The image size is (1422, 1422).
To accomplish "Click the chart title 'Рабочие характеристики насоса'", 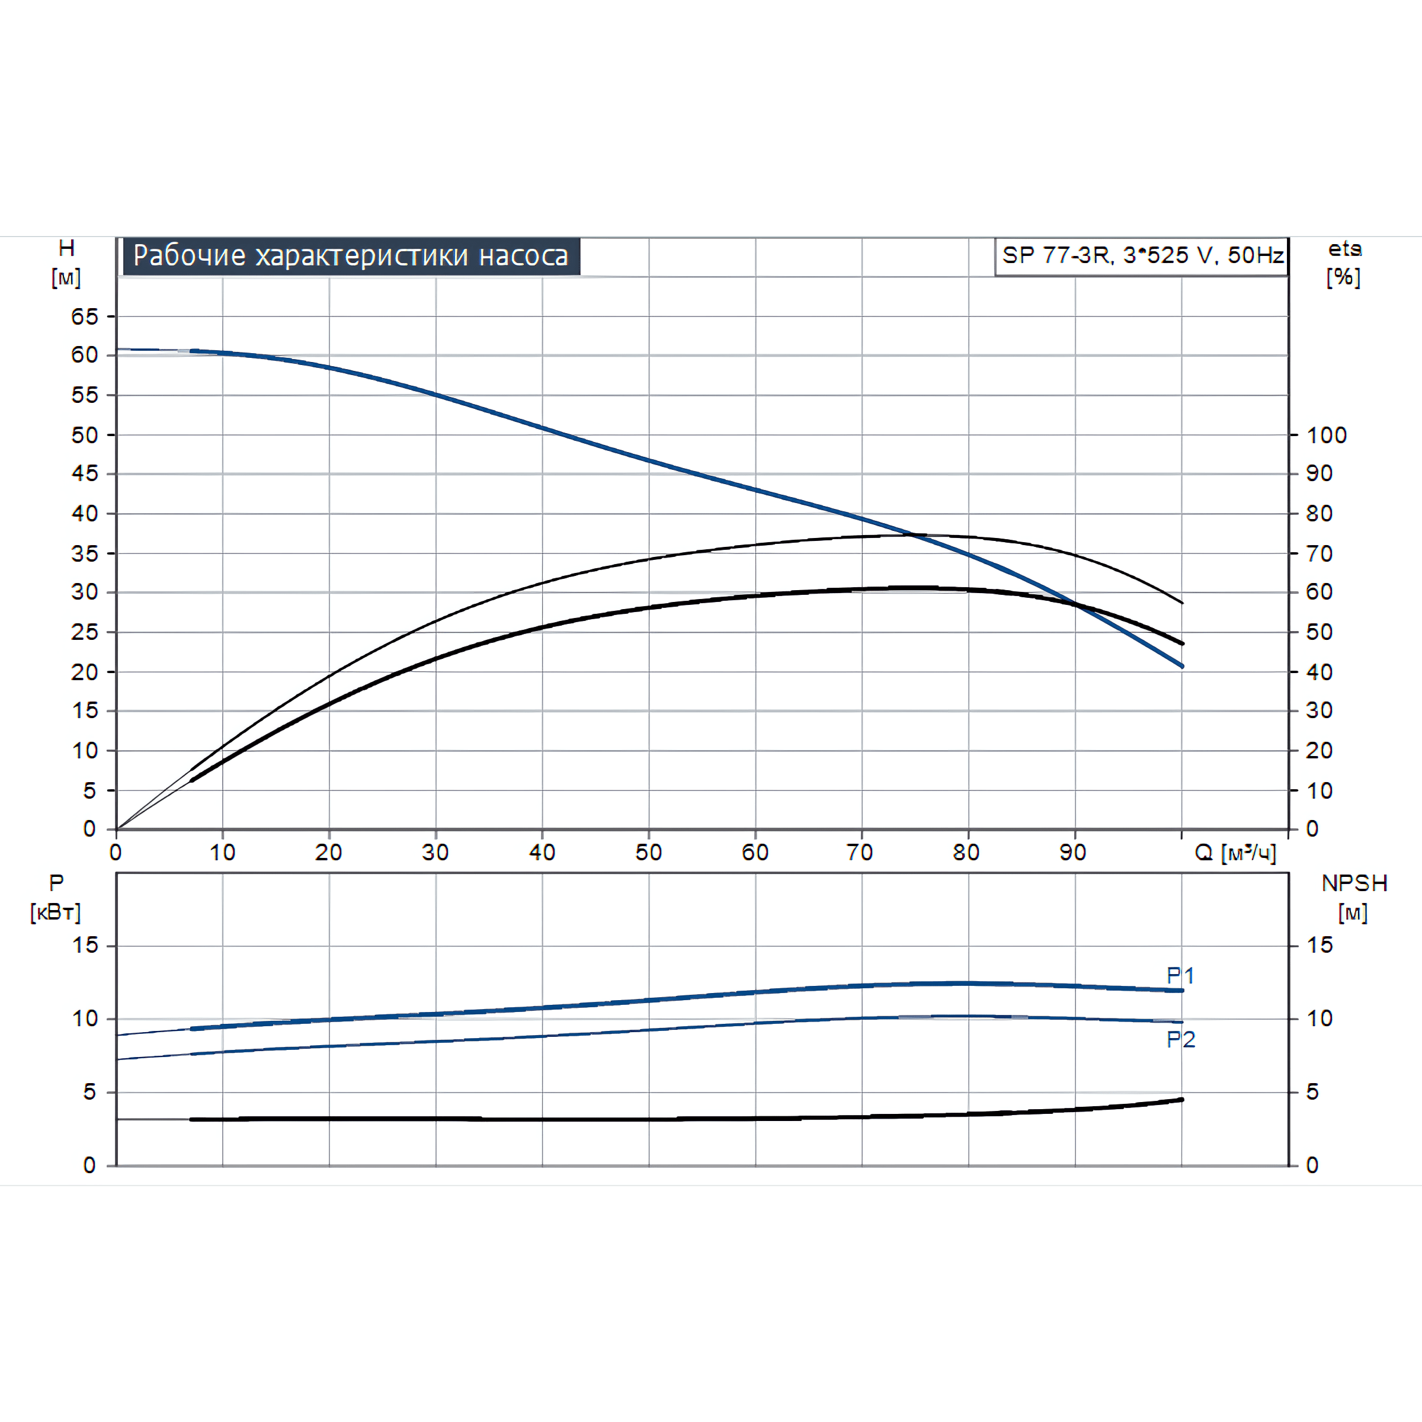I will [351, 255].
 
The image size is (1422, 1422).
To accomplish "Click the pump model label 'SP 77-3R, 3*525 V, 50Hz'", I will [1142, 255].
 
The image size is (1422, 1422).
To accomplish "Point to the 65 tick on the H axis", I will [85, 316].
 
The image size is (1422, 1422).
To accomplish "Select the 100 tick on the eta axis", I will [1327, 435].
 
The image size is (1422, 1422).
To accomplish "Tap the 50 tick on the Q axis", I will [648, 853].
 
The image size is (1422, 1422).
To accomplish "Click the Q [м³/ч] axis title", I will [1235, 853].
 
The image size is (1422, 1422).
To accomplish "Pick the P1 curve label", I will [1181, 975].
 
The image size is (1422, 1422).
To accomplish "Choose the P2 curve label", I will [1181, 1039].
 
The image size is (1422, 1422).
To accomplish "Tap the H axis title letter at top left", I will [66, 248].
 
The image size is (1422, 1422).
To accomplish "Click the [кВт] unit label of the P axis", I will [55, 912].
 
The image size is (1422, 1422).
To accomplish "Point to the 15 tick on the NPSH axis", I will [1319, 945].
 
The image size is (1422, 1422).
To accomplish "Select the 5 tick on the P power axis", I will [89, 1091].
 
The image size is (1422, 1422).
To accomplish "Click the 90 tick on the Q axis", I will [1073, 853].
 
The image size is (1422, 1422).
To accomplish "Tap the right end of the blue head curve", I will [1182, 666].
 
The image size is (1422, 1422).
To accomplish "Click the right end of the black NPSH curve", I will [1182, 1100].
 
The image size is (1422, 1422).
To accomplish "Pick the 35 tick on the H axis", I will [85, 553].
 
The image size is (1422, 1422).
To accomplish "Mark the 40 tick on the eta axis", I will [1319, 672].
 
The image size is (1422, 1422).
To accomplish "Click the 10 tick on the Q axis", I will [222, 853].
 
